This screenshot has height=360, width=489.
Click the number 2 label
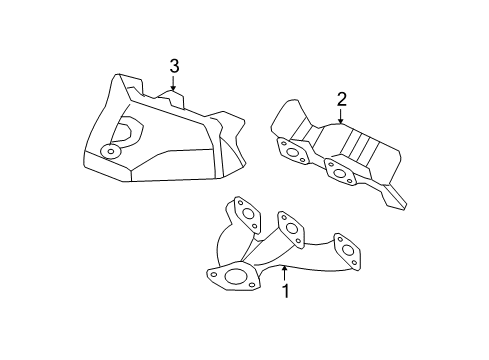[x=341, y=99]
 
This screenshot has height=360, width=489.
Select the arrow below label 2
[x=341, y=117]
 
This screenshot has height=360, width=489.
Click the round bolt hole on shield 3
[x=110, y=151]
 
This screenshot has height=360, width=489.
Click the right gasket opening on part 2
[x=341, y=173]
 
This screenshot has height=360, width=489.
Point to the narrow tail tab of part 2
[x=399, y=201]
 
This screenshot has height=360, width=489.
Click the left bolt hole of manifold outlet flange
[x=214, y=271]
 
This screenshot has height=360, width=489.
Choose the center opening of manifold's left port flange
[x=243, y=211]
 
